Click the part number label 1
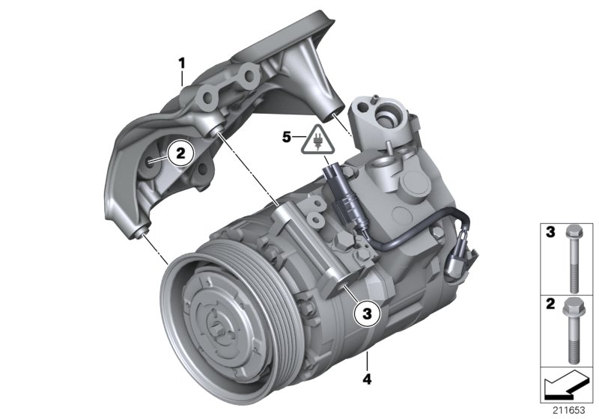pyautogui.click(x=180, y=61)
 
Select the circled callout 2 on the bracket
pyautogui.click(x=179, y=153)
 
